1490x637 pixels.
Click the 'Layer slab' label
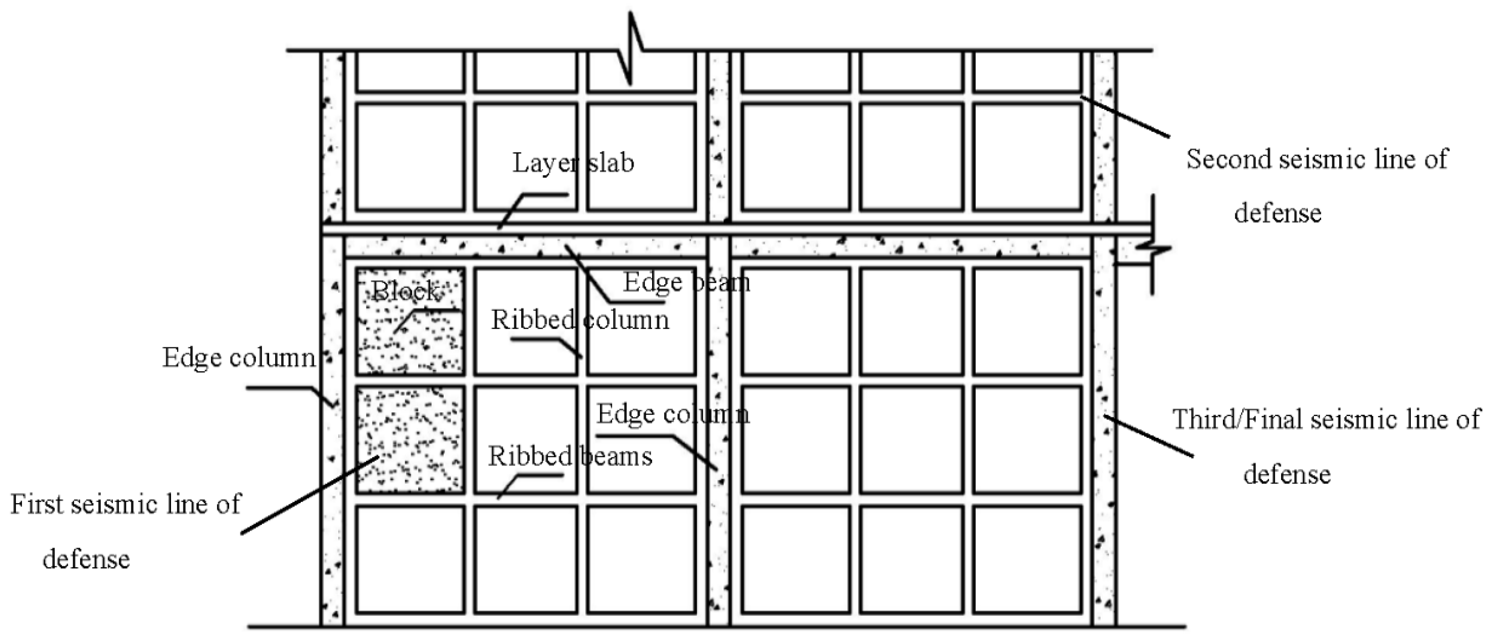click(573, 163)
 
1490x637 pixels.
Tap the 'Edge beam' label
click(687, 282)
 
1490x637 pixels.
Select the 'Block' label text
click(404, 291)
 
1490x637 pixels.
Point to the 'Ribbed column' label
click(580, 320)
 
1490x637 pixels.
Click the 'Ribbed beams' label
click(570, 456)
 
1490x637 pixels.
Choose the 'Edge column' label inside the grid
click(673, 414)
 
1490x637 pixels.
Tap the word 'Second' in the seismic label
click(1228, 159)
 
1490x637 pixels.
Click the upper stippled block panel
click(410, 321)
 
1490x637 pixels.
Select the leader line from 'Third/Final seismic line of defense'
click(1149, 435)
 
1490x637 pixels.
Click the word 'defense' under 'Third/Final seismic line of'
click(1287, 474)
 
